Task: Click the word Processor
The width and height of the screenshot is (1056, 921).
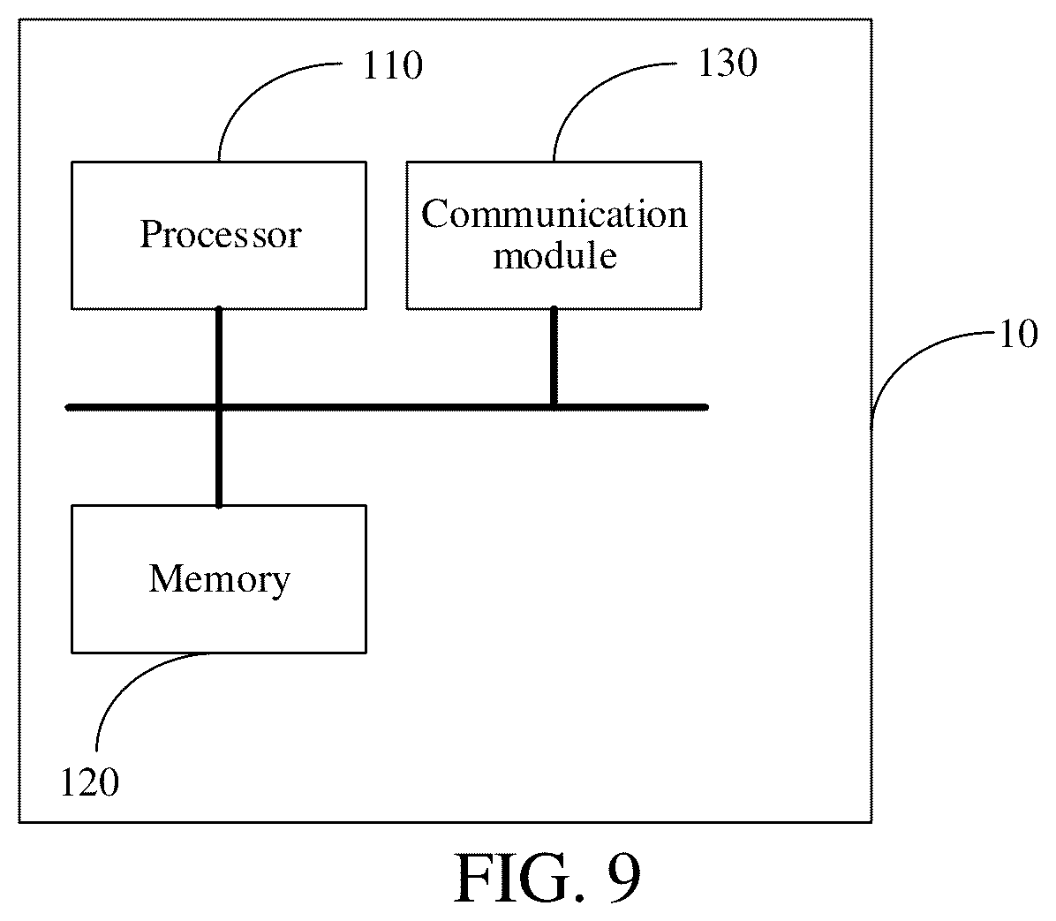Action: click(x=220, y=234)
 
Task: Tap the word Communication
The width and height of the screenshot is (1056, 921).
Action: click(x=554, y=215)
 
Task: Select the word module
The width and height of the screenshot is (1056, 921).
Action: click(x=555, y=255)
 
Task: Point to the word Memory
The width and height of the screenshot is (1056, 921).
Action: click(x=220, y=579)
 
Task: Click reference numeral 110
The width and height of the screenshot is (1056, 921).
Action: click(x=393, y=66)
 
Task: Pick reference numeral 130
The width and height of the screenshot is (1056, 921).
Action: click(x=728, y=64)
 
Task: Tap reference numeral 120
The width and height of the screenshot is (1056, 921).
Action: click(x=89, y=783)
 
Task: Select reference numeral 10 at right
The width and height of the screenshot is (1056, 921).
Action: click(x=1018, y=334)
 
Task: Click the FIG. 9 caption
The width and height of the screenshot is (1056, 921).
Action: click(x=548, y=878)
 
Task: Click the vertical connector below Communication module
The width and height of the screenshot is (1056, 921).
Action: click(x=554, y=357)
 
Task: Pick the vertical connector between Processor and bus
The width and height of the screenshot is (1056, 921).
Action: click(x=219, y=357)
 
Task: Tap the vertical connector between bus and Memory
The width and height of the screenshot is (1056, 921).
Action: click(x=219, y=457)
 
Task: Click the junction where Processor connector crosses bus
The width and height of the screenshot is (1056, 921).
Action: click(x=219, y=407)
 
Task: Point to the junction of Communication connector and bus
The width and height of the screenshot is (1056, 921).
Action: click(x=554, y=407)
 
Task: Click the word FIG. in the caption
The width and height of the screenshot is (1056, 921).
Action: click(x=518, y=878)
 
